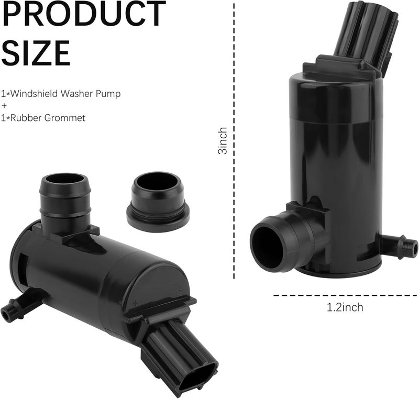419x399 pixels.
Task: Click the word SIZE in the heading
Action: click(36, 53)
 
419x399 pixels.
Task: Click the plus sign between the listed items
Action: click(4, 106)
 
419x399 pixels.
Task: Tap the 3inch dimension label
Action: click(223, 140)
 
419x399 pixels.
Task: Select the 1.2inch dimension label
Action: click(345, 307)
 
